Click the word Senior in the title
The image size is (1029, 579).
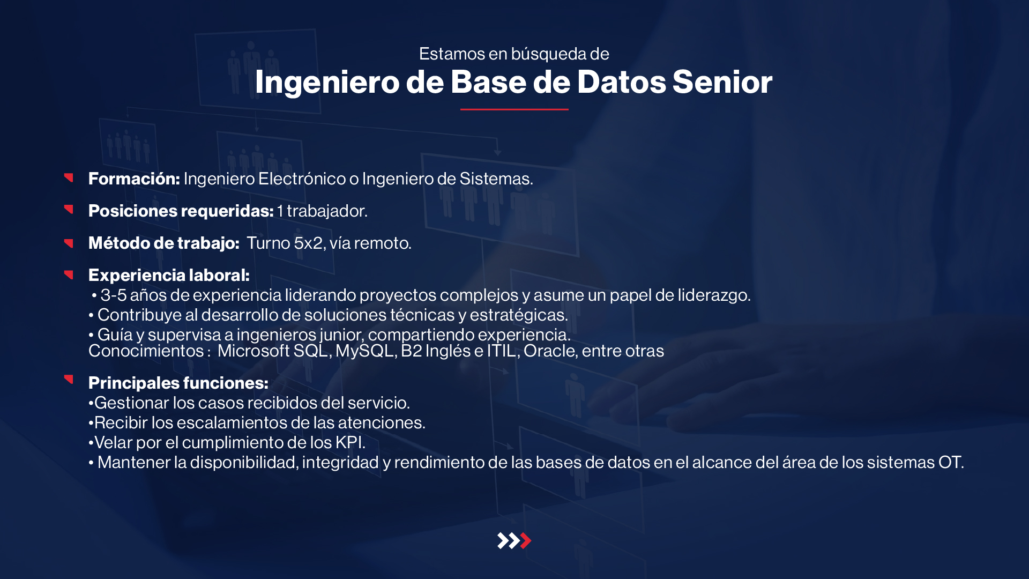pyautogui.click(x=722, y=82)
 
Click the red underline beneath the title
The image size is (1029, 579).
pyautogui.click(x=514, y=109)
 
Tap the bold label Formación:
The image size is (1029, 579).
pyautogui.click(x=134, y=179)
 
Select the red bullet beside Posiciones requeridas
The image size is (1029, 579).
pyautogui.click(x=69, y=209)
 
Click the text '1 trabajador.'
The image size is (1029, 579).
pyautogui.click(x=323, y=211)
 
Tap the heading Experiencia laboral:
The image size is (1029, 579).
pyautogui.click(x=169, y=275)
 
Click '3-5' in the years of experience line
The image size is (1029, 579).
pyautogui.click(x=114, y=295)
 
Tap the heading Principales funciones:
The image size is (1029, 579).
pyautogui.click(x=178, y=383)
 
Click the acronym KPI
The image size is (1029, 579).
pyautogui.click(x=350, y=442)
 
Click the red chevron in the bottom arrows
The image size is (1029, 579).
pyautogui.click(x=526, y=540)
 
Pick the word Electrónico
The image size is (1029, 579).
pyautogui.click(x=302, y=179)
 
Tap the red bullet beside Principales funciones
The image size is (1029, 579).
pyautogui.click(x=69, y=379)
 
